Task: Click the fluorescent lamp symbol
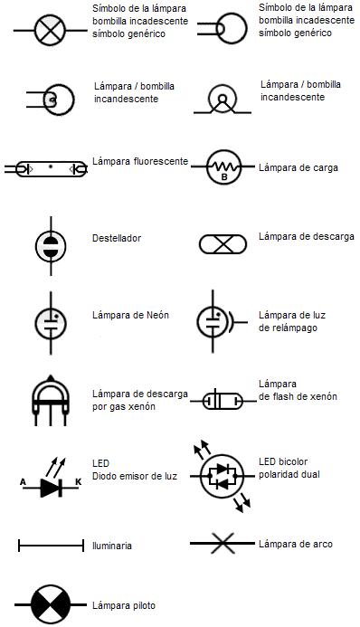tap(46, 168)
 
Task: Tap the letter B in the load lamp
tap(223, 176)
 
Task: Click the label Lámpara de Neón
tap(131, 316)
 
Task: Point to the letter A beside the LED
tap(23, 482)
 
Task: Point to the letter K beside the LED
tap(77, 482)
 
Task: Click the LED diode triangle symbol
tap(50, 487)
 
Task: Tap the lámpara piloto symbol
tap(49, 604)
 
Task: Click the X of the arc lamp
tap(223, 543)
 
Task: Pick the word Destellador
tap(117, 239)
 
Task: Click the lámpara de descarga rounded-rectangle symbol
tap(222, 243)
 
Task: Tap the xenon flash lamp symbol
tap(221, 399)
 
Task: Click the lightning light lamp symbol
tap(214, 319)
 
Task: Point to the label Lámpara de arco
tap(295, 544)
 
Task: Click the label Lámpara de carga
tap(297, 167)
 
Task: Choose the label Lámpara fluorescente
tap(140, 162)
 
